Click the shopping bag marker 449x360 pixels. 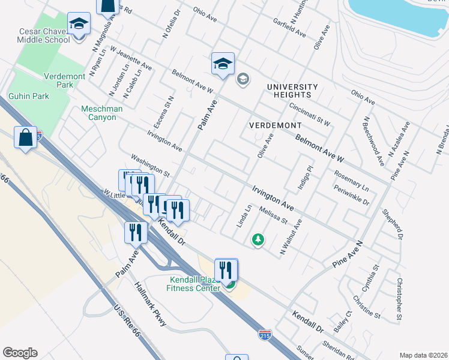[26, 138]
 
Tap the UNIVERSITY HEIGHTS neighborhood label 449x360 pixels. [289, 91]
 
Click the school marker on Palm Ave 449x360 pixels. [222, 64]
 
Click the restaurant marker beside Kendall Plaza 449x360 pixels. [226, 269]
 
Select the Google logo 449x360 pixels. [20, 353]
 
